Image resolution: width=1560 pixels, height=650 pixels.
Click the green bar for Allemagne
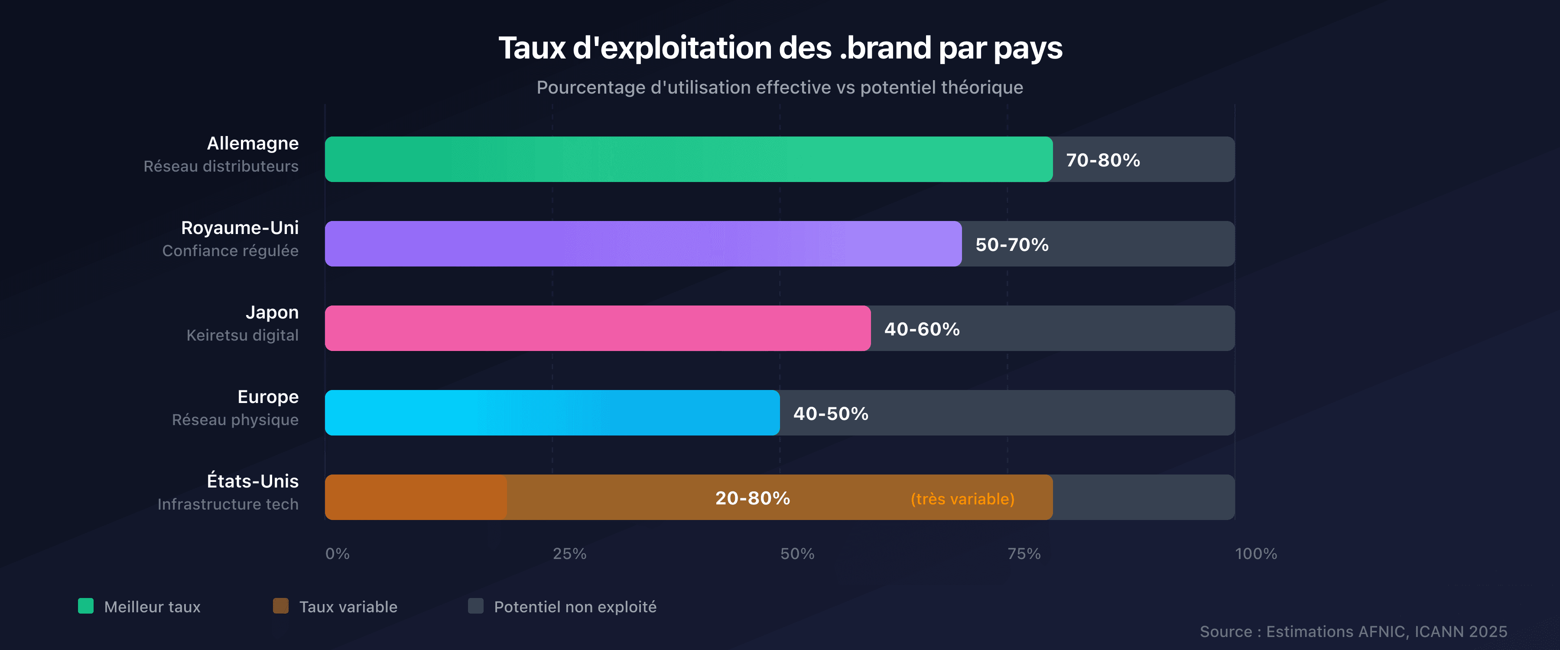(x=689, y=159)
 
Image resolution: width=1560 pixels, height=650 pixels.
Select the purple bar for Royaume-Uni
(x=643, y=244)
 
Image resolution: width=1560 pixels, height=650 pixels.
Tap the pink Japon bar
(x=598, y=328)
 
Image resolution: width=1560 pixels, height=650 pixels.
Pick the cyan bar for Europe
(x=552, y=413)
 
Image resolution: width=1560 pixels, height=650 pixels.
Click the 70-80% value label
(x=1103, y=160)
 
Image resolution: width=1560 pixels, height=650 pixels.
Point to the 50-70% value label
(x=1012, y=245)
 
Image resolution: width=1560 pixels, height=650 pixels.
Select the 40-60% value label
(x=922, y=329)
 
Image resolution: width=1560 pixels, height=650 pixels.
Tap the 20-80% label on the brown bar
(x=752, y=498)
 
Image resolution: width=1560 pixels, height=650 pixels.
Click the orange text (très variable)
(x=962, y=499)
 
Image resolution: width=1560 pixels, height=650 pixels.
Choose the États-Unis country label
(x=253, y=481)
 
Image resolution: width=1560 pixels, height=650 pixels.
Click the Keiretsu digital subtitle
(x=242, y=335)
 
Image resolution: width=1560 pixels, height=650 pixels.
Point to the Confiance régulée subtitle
(x=230, y=251)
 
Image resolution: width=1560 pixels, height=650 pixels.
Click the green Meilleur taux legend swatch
(x=86, y=606)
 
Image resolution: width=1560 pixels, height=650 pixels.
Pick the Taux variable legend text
(x=348, y=607)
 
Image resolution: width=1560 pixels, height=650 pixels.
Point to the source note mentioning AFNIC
(x=1353, y=632)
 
